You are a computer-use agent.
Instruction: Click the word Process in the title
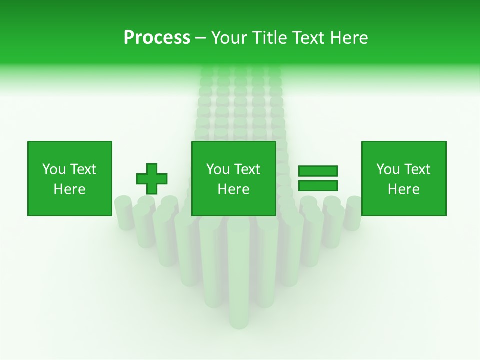point(157,38)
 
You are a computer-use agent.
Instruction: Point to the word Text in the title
point(308,38)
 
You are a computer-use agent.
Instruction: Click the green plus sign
point(152,178)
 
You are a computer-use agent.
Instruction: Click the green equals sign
point(318,178)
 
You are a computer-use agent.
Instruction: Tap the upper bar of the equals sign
point(318,171)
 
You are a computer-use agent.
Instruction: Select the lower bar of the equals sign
point(318,185)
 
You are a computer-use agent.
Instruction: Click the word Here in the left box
point(69,189)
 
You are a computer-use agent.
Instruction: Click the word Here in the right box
point(404,189)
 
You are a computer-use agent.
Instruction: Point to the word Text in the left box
point(83,169)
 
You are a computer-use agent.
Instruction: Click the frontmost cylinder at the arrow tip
point(239,280)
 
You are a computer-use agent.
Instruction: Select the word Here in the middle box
point(233,189)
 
